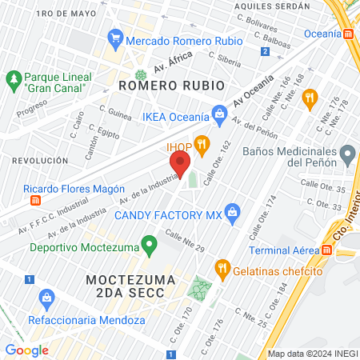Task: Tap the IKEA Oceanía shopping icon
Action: (218, 114)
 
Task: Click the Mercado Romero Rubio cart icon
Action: (116, 38)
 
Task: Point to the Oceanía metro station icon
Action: (349, 34)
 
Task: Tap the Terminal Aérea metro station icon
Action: (327, 250)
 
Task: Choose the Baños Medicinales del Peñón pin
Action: (347, 152)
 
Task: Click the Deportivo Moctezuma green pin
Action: (148, 243)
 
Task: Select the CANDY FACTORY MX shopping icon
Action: (233, 212)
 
